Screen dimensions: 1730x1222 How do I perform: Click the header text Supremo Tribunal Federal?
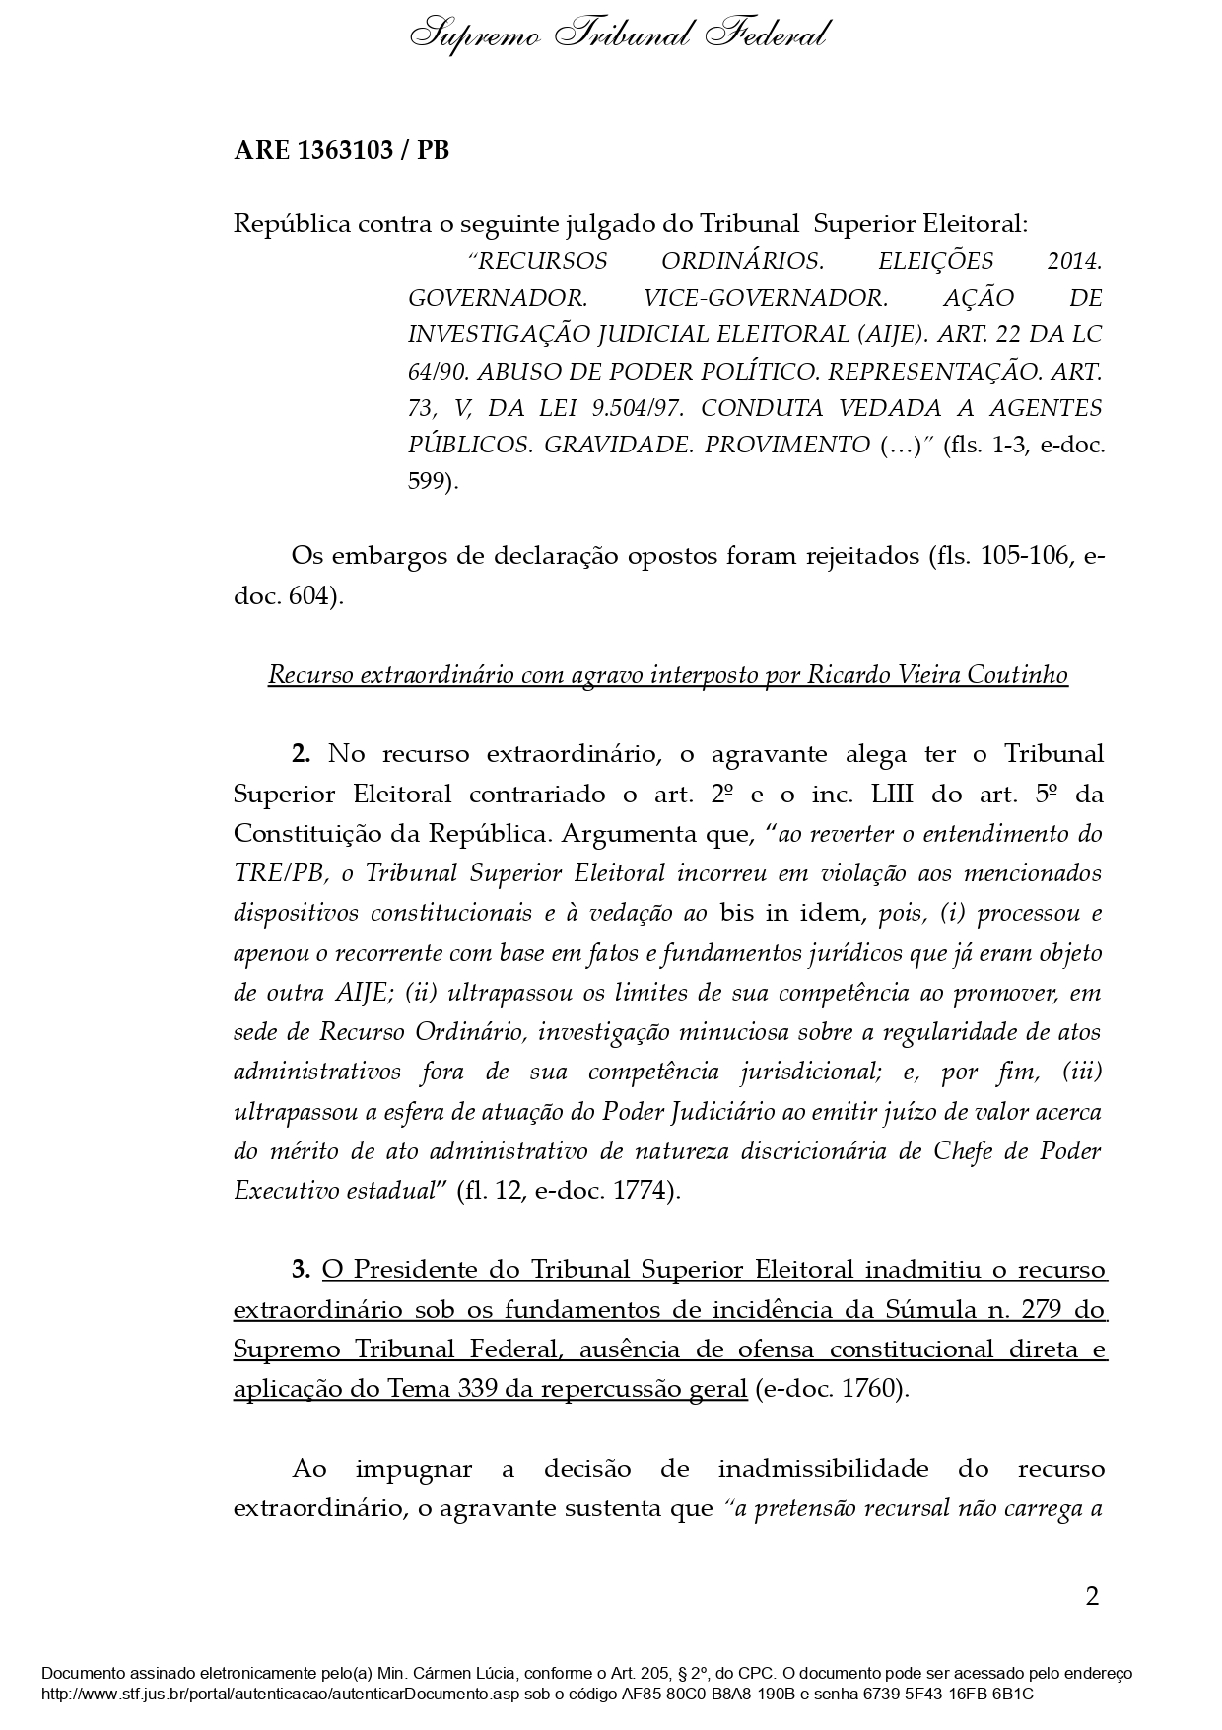coord(619,36)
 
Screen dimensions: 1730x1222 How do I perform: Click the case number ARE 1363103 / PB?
coord(341,151)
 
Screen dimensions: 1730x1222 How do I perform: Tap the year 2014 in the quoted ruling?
coord(1073,262)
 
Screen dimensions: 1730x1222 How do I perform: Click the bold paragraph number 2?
coord(301,755)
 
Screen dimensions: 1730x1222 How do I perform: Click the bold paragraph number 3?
coord(301,1270)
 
